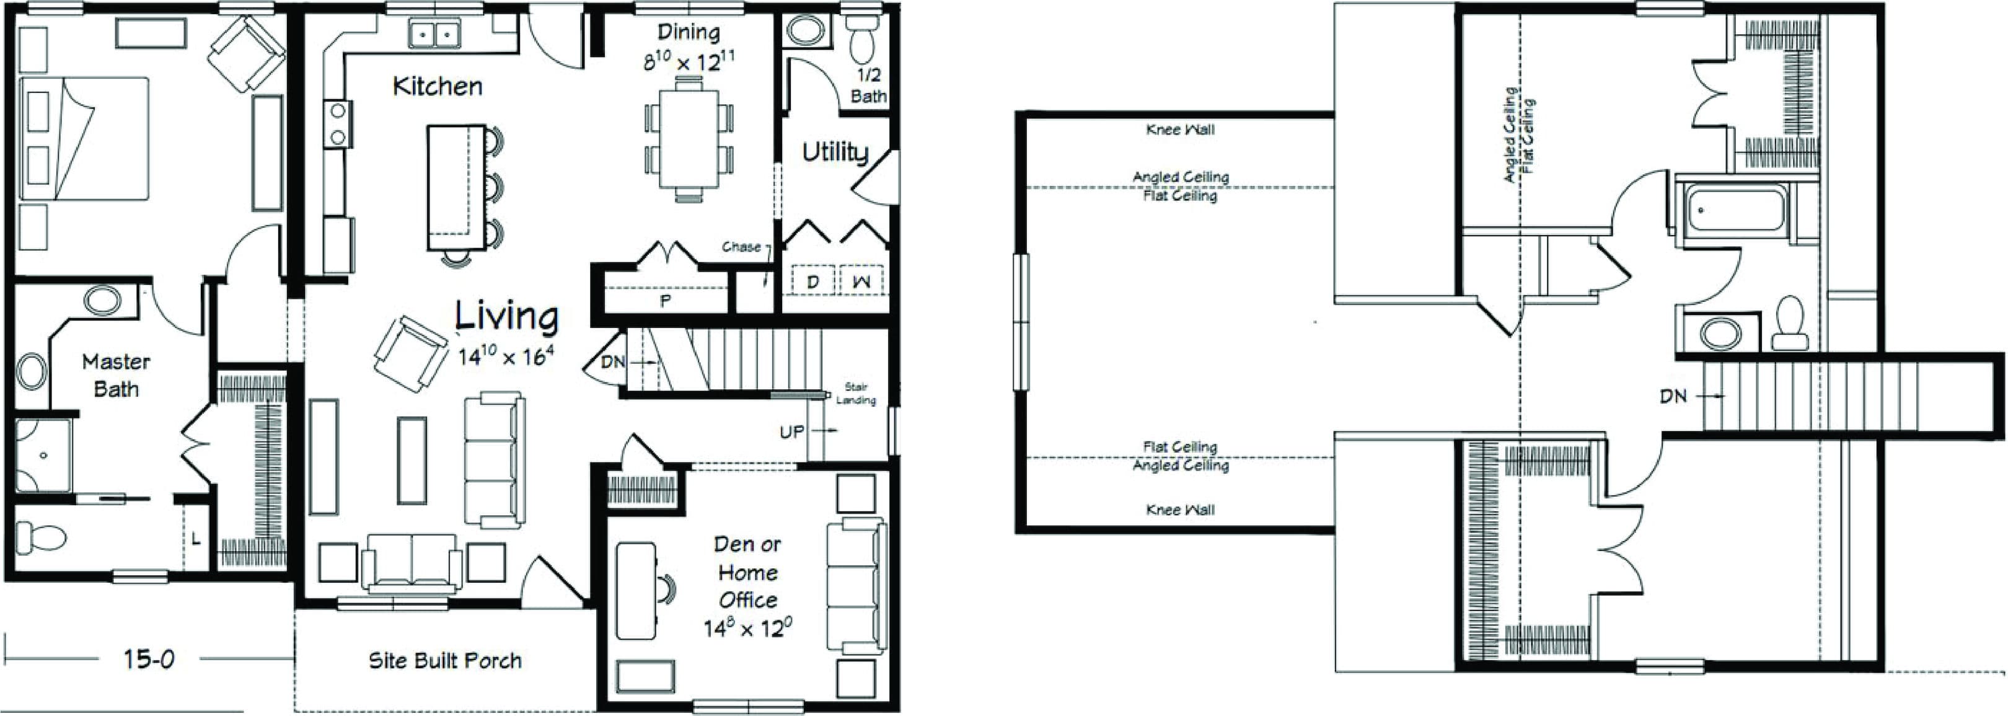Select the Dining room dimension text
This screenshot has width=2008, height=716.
click(x=689, y=61)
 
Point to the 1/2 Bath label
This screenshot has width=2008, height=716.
click(x=868, y=86)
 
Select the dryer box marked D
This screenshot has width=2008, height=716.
click(x=812, y=281)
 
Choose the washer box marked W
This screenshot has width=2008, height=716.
click(x=861, y=281)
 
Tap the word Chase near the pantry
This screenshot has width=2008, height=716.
click(x=741, y=247)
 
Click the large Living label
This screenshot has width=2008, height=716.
click(x=507, y=317)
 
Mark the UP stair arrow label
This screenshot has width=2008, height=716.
click(x=791, y=431)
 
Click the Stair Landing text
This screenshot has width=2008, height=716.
click(x=856, y=394)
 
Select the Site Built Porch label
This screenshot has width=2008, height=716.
click(x=444, y=661)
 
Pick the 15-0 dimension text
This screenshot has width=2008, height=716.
click(x=148, y=660)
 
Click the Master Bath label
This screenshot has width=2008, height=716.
click(x=115, y=375)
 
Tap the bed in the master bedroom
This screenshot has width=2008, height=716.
click(x=84, y=138)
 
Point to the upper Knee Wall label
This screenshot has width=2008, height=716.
click(x=1179, y=130)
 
